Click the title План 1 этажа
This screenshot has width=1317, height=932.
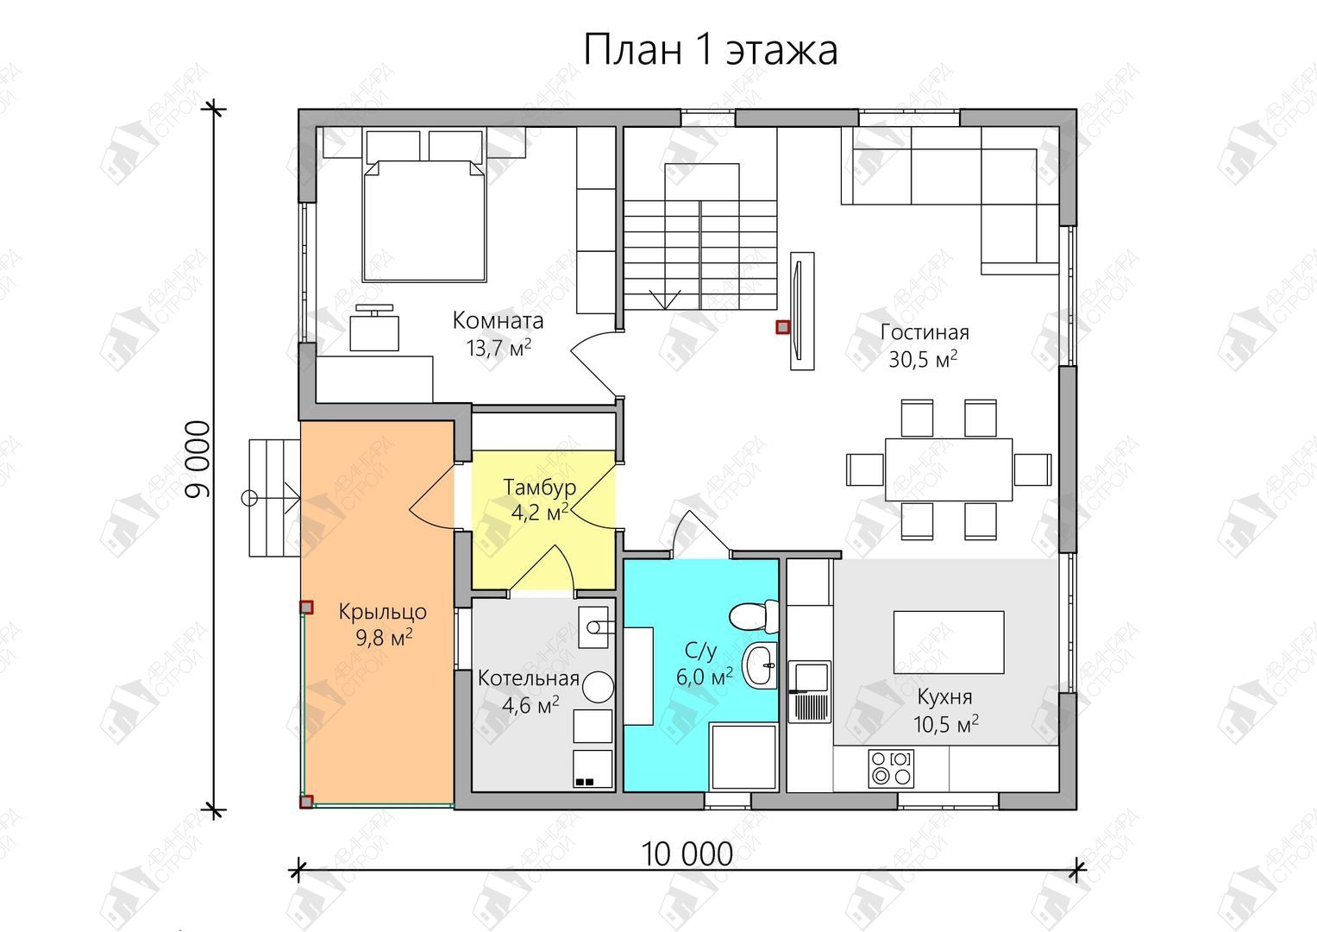click(x=710, y=50)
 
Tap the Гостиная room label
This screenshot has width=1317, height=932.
click(x=925, y=332)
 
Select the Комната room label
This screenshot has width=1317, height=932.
click(x=498, y=321)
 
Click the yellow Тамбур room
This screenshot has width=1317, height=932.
click(x=543, y=520)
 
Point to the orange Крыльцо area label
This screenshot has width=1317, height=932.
click(x=383, y=612)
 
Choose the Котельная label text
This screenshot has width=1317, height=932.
click(x=529, y=678)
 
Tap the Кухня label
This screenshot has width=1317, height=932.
click(x=944, y=697)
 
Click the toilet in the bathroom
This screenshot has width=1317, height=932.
click(x=754, y=616)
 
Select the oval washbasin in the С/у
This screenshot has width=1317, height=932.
click(x=760, y=665)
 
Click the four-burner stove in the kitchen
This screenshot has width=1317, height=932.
click(x=891, y=768)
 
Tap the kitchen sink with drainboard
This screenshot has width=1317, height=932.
click(x=810, y=692)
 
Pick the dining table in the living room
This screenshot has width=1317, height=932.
click(x=949, y=469)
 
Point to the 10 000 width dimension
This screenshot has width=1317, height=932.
click(x=687, y=854)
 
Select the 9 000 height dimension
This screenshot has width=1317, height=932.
click(x=198, y=459)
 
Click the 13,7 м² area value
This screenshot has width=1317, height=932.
click(x=499, y=348)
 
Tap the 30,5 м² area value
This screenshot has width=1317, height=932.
click(x=923, y=359)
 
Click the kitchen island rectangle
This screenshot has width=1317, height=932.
click(x=949, y=642)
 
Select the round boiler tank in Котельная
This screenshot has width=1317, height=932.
click(x=598, y=687)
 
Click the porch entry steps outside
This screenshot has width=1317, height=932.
click(x=274, y=498)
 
